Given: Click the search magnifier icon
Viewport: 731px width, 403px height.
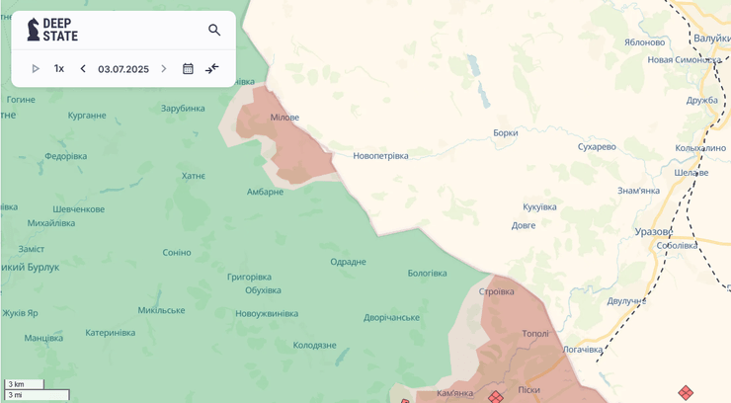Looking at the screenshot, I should (x=214, y=30).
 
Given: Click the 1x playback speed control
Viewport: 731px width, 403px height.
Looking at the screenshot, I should (x=59, y=69).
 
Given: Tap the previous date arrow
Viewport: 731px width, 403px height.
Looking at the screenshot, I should (x=83, y=69).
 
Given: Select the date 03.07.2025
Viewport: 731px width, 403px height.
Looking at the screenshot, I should (x=123, y=69).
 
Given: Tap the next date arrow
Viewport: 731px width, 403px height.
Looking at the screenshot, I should (x=164, y=69).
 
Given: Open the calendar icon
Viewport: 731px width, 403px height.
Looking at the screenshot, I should (x=188, y=69).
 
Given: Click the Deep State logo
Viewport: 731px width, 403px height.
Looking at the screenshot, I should (x=52, y=30).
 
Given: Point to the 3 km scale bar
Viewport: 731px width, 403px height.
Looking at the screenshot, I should (x=24, y=384).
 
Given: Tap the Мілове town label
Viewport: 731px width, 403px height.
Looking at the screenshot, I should (x=284, y=118).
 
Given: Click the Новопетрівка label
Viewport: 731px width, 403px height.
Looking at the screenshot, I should (x=380, y=156).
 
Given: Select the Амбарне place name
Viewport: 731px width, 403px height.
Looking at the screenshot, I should (x=265, y=192).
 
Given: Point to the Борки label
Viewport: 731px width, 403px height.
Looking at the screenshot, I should (x=505, y=132).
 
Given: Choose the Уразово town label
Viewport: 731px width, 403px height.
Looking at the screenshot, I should (x=654, y=231).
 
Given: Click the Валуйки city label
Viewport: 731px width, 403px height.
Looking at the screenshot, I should (x=711, y=38).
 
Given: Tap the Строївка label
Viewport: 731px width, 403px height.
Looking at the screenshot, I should (x=496, y=291).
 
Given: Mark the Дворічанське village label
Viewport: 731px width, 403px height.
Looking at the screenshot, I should (x=391, y=317).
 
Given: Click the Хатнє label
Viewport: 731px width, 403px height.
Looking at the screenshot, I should (x=193, y=176).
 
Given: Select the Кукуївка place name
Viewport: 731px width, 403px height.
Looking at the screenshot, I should (x=539, y=206).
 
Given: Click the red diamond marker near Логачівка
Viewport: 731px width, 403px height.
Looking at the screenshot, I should (x=686, y=393).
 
